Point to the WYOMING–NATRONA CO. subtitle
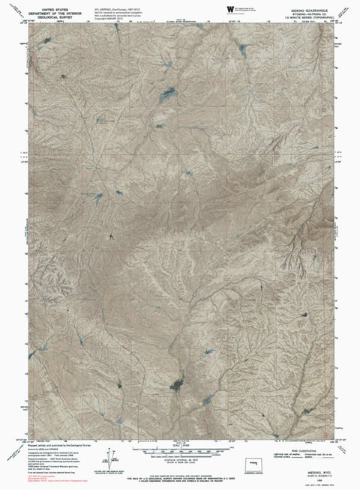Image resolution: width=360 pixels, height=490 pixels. [298, 9]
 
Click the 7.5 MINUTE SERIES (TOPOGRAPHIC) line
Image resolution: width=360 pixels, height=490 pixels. [298, 13]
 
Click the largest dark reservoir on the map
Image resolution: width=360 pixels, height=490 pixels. [178, 386]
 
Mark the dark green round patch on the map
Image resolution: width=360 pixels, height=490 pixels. [62, 76]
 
